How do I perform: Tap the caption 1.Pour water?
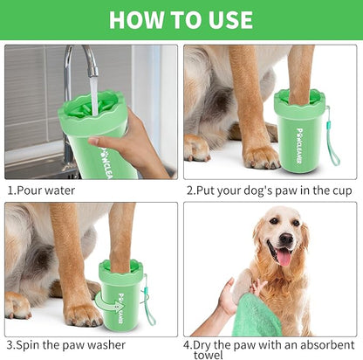(41, 190)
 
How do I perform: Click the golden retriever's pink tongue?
(284, 257)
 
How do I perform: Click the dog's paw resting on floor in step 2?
(260, 157)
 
